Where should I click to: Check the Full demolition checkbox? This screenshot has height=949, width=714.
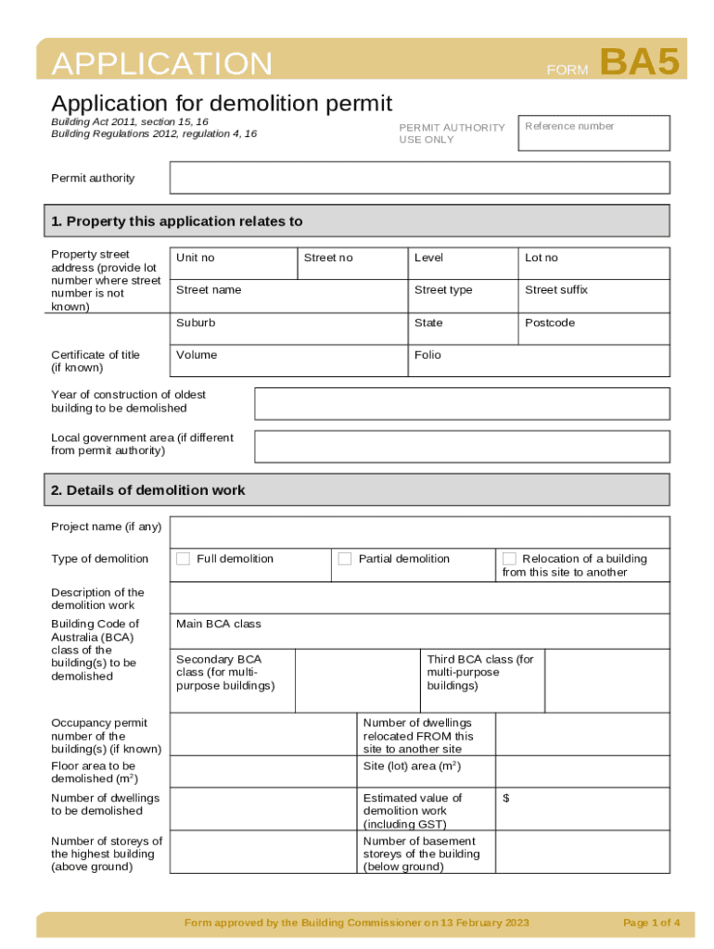click(x=184, y=558)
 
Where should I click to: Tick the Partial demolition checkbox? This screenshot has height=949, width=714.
click(x=345, y=558)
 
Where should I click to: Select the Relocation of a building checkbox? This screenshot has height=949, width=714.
click(x=509, y=558)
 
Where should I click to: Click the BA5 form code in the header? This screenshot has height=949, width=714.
click(x=640, y=63)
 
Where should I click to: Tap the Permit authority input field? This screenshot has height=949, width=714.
click(x=419, y=177)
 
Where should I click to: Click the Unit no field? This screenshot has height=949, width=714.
click(x=234, y=263)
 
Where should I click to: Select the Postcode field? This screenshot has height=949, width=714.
click(x=594, y=328)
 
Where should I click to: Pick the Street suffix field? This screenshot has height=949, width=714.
click(x=594, y=296)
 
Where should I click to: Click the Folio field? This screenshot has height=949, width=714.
click(x=539, y=361)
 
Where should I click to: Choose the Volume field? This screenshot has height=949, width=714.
click(x=288, y=361)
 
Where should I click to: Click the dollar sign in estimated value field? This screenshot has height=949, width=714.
click(x=506, y=798)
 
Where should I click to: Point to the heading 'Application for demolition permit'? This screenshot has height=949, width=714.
click(x=222, y=103)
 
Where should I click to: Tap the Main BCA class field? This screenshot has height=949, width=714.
click(x=419, y=631)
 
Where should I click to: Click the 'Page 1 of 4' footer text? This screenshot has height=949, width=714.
click(x=652, y=922)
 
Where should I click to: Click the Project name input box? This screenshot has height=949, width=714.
click(x=419, y=532)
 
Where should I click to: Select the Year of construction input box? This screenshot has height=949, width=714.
click(x=462, y=403)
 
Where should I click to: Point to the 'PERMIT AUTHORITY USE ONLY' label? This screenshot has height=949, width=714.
click(x=452, y=133)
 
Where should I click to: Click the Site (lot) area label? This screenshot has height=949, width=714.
click(x=412, y=766)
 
